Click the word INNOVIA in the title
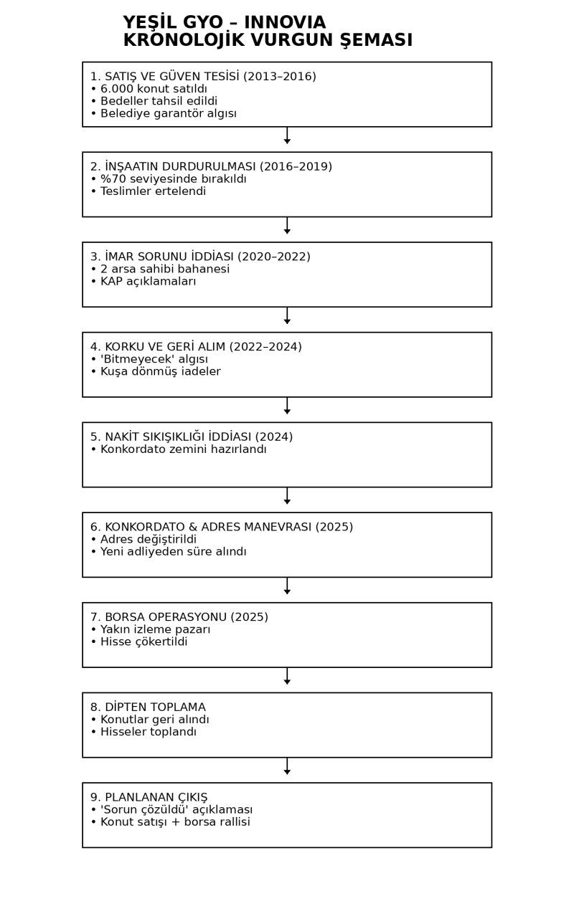click(286, 23)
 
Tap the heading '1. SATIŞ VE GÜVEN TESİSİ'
click(166, 77)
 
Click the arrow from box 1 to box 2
click(287, 136)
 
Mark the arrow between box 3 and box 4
click(287, 316)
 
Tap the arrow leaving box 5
click(287, 496)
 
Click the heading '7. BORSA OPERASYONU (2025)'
click(179, 617)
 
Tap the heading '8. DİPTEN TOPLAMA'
click(148, 707)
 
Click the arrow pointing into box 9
click(287, 766)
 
